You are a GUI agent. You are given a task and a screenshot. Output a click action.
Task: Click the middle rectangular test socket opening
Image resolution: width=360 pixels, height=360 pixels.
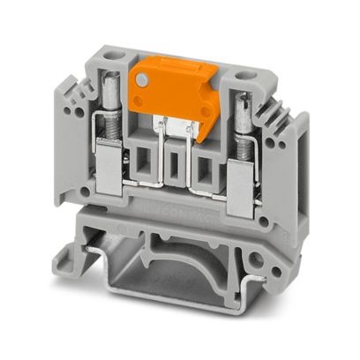(176, 162)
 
